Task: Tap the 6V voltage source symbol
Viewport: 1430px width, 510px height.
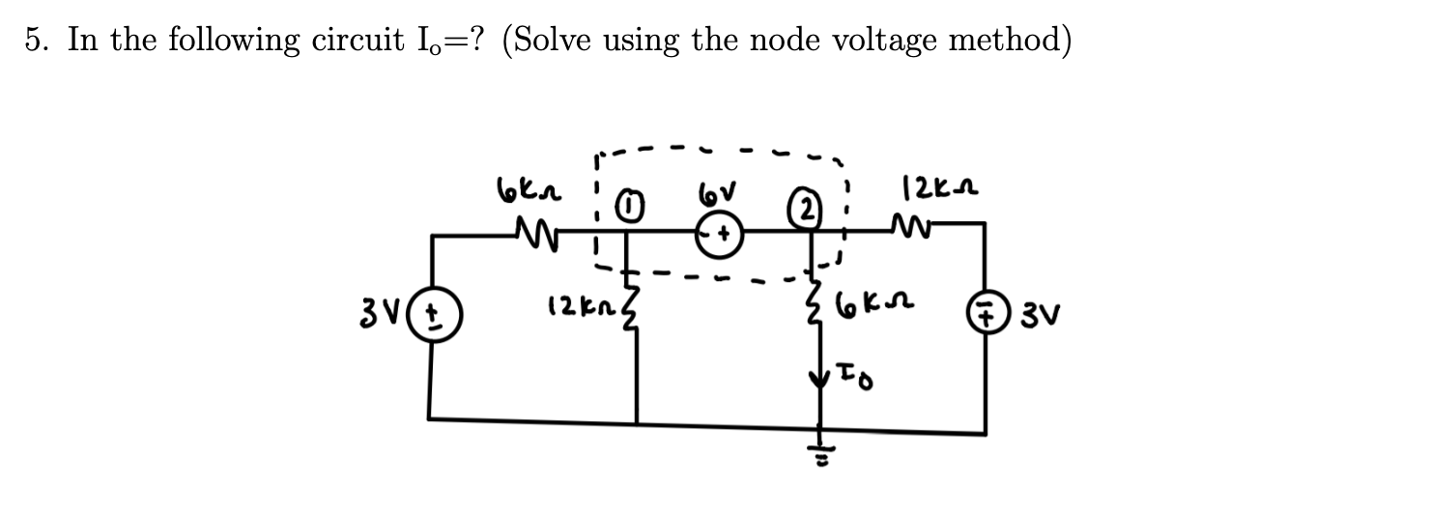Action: point(718,236)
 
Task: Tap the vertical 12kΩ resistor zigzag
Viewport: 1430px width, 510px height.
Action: point(635,313)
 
